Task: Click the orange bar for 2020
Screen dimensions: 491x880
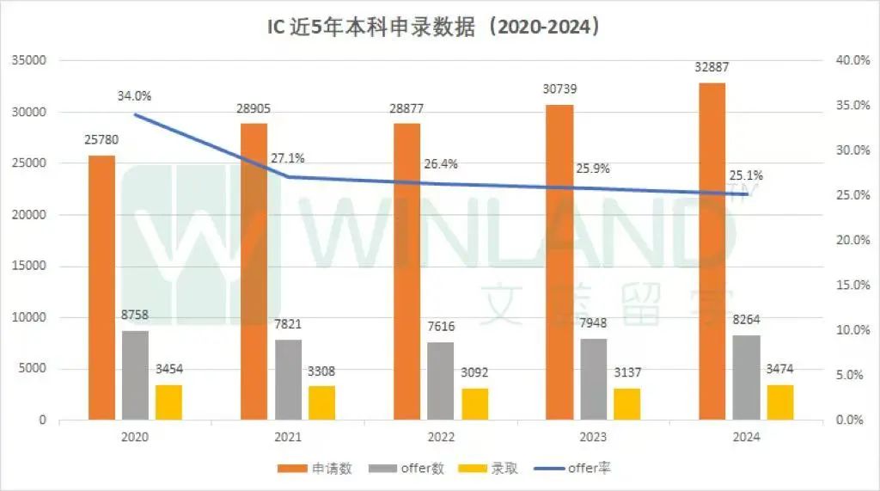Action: pyautogui.click(x=101, y=288)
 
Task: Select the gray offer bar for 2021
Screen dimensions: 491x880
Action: pyautogui.click(x=289, y=379)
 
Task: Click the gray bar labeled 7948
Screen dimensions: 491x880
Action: pyautogui.click(x=594, y=379)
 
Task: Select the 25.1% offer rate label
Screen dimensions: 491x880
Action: pyautogui.click(x=746, y=175)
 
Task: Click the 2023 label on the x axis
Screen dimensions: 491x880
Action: pyautogui.click(x=593, y=437)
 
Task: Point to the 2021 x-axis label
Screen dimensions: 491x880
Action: pyautogui.click(x=288, y=437)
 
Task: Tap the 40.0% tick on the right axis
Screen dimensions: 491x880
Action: pyautogui.click(x=850, y=60)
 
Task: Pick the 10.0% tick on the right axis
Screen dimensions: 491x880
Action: pyautogui.click(x=850, y=330)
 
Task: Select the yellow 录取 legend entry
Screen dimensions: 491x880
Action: pyautogui.click(x=491, y=469)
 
